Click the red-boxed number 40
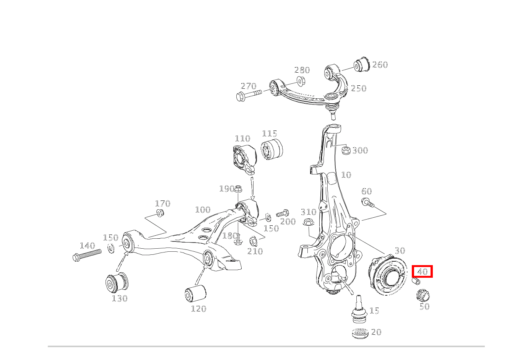coord(422,272)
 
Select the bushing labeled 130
coord(116,283)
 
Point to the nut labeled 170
coord(160,212)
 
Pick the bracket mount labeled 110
coord(243,157)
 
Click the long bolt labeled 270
coord(248,94)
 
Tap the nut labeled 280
coord(300,81)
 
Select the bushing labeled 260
coord(362,64)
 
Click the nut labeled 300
coord(346,150)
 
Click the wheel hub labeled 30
coord(387,275)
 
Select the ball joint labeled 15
coord(359,309)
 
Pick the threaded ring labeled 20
coord(360,333)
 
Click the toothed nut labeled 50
coord(422,295)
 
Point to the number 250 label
coord(359,88)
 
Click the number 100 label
coord(203,210)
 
